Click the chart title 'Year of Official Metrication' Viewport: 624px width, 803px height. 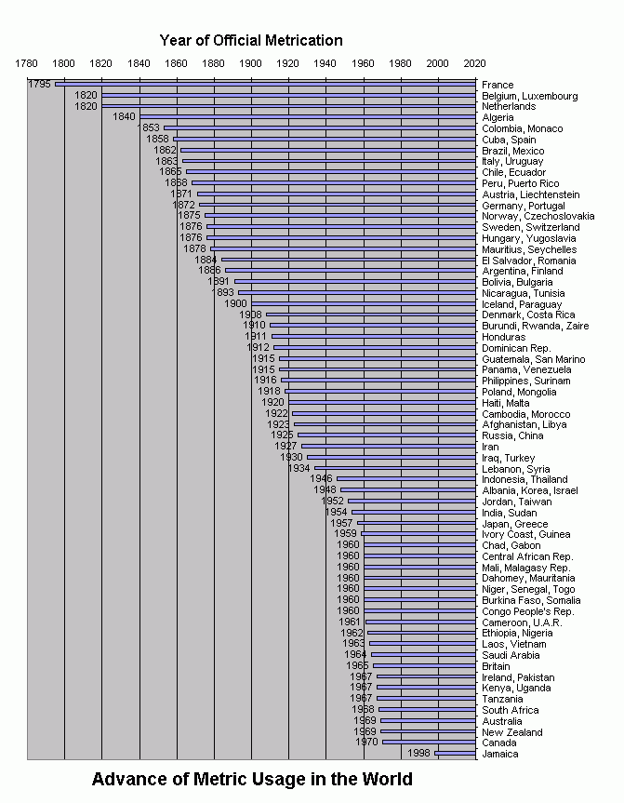(251, 40)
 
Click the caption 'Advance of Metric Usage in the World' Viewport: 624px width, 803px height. (252, 779)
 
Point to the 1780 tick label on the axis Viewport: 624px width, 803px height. (27, 63)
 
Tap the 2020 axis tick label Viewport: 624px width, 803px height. (474, 63)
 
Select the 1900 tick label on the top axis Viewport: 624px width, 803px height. (250, 63)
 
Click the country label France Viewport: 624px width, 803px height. (498, 85)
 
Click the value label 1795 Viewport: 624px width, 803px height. (39, 85)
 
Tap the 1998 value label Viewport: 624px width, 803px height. (420, 754)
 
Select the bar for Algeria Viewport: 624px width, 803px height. (307, 117)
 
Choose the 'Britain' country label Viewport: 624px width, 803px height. (498, 666)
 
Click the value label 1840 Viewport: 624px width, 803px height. (124, 117)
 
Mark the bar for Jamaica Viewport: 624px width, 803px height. (455, 754)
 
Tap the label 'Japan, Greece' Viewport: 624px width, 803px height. (514, 523)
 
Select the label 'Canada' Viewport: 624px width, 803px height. (500, 743)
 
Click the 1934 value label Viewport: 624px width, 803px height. (299, 468)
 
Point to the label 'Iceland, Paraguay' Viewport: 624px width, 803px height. (522, 304)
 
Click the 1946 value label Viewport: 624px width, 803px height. (321, 479)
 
